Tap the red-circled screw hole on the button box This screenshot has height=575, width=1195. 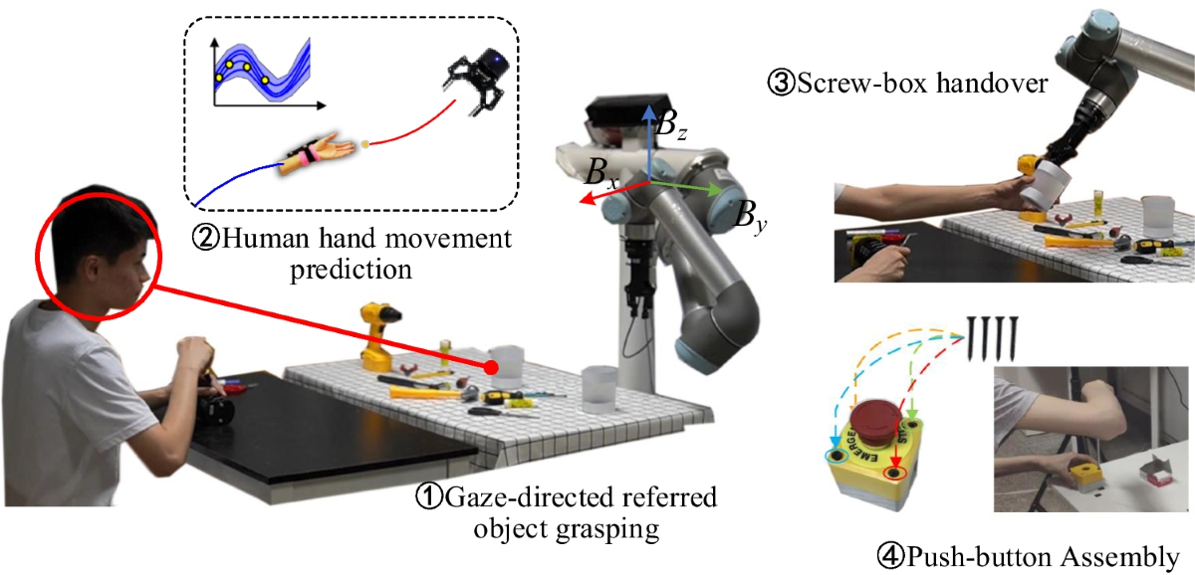(894, 476)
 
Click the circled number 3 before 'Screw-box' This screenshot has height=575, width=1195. (781, 85)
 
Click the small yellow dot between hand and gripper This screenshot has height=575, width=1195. (365, 145)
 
